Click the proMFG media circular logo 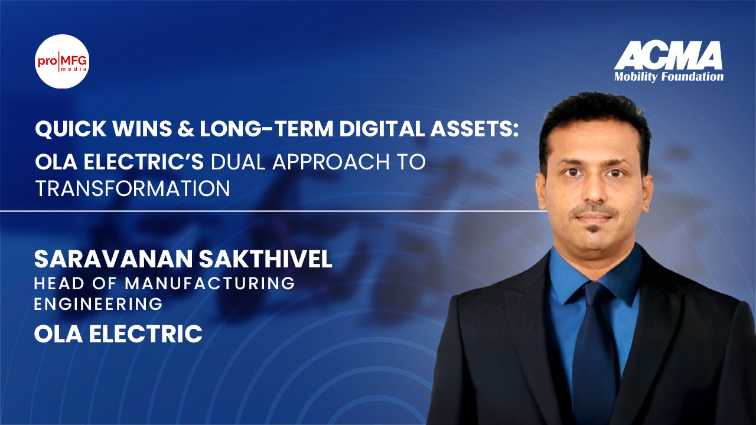(x=62, y=61)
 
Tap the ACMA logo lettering (x=668, y=60)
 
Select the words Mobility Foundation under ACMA (x=669, y=77)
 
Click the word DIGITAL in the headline (x=382, y=129)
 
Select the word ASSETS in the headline (x=471, y=129)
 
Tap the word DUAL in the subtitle (x=239, y=162)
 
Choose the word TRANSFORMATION (x=133, y=188)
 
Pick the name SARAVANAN (x=113, y=259)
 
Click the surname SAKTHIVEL (x=266, y=259)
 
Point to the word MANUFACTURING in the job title (x=210, y=283)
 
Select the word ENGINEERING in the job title (x=98, y=304)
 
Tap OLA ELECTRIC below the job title (x=118, y=334)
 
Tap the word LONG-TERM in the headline (x=266, y=129)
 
